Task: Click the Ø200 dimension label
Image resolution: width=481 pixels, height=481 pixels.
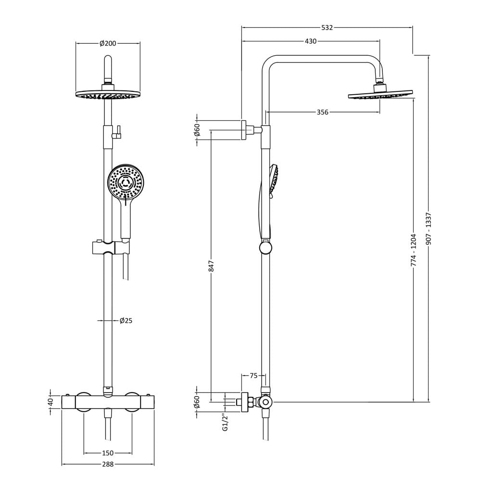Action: [x=108, y=43]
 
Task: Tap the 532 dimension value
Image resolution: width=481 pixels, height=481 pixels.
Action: [x=327, y=27]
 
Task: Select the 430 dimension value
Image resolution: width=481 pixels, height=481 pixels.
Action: [x=310, y=41]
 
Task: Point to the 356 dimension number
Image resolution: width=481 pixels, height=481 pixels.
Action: [x=322, y=112]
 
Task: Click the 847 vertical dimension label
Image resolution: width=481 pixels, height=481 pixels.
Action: [x=211, y=266]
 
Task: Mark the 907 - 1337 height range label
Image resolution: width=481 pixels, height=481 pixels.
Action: [x=429, y=228]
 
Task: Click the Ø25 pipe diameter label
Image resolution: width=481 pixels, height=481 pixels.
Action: [x=126, y=320]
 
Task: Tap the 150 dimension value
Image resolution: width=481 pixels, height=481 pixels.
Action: [x=108, y=453]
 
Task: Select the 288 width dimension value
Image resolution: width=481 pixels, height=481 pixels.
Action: [x=108, y=464]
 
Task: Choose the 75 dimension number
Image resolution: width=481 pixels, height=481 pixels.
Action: [x=253, y=376]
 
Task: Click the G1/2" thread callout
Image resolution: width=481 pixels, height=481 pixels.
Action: [x=226, y=422]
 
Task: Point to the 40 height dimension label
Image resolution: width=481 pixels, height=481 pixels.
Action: [x=51, y=401]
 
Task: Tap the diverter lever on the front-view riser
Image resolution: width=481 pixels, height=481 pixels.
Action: [x=117, y=132]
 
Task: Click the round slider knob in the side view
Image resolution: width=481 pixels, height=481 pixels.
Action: [x=266, y=248]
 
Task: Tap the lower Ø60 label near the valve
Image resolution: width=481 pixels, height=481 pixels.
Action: [x=197, y=402]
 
